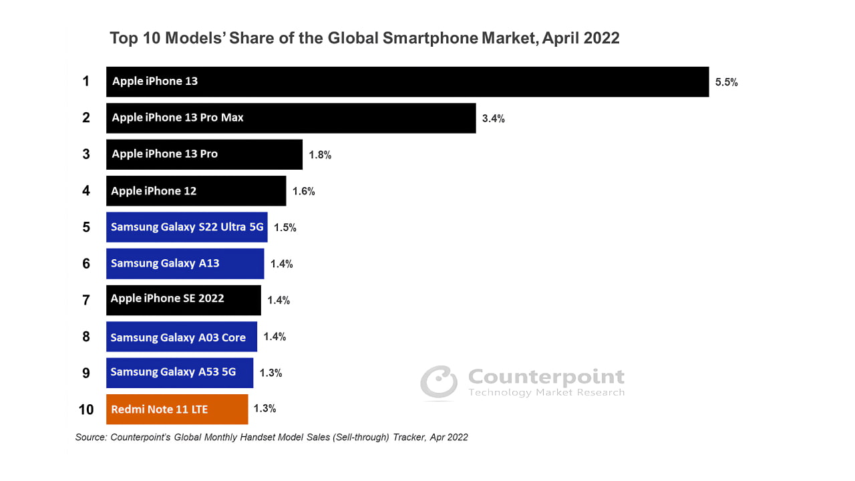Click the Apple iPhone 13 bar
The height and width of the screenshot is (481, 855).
[407, 82]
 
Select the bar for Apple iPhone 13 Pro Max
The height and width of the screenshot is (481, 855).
[291, 118]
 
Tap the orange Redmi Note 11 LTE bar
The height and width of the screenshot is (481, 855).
[177, 409]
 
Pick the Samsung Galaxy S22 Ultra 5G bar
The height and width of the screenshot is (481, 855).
[187, 227]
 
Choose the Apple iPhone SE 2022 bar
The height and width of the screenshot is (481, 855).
[184, 300]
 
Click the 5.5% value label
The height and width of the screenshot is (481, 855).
[726, 83]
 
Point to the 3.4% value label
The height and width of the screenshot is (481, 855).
[493, 119]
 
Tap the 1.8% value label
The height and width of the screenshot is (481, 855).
[320, 155]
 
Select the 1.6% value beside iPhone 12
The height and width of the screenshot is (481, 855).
[303, 191]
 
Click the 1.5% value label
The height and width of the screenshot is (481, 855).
[285, 227]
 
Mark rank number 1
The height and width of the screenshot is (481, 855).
[86, 82]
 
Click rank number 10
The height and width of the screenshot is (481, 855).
[86, 409]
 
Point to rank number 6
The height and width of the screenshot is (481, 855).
[86, 263]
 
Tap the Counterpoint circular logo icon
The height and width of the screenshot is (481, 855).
[439, 383]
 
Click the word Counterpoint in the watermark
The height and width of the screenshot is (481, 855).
[546, 377]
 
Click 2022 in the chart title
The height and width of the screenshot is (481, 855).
[601, 38]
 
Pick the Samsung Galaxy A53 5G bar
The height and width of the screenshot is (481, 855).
[180, 373]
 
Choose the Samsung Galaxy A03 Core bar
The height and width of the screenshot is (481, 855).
[182, 337]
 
